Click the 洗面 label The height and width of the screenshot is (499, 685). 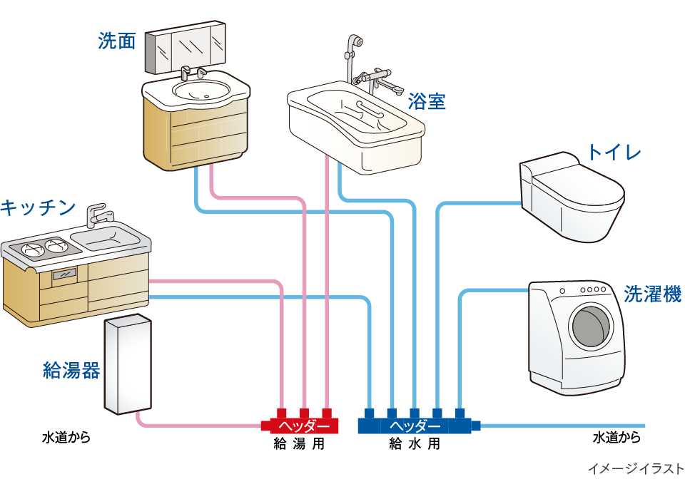(x=116, y=42)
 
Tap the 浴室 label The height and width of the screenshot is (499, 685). (x=427, y=102)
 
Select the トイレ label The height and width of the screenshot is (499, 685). (x=614, y=152)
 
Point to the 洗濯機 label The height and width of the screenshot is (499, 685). (x=652, y=294)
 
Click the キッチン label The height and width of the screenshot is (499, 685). (x=38, y=207)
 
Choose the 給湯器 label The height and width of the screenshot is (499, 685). (x=71, y=371)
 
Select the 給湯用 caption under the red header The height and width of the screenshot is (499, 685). (x=300, y=444)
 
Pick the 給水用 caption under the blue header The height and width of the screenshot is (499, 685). (x=415, y=444)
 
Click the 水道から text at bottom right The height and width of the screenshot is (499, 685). (x=616, y=437)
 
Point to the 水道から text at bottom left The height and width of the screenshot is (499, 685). (x=66, y=437)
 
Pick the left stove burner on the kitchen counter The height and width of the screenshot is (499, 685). (x=33, y=249)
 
